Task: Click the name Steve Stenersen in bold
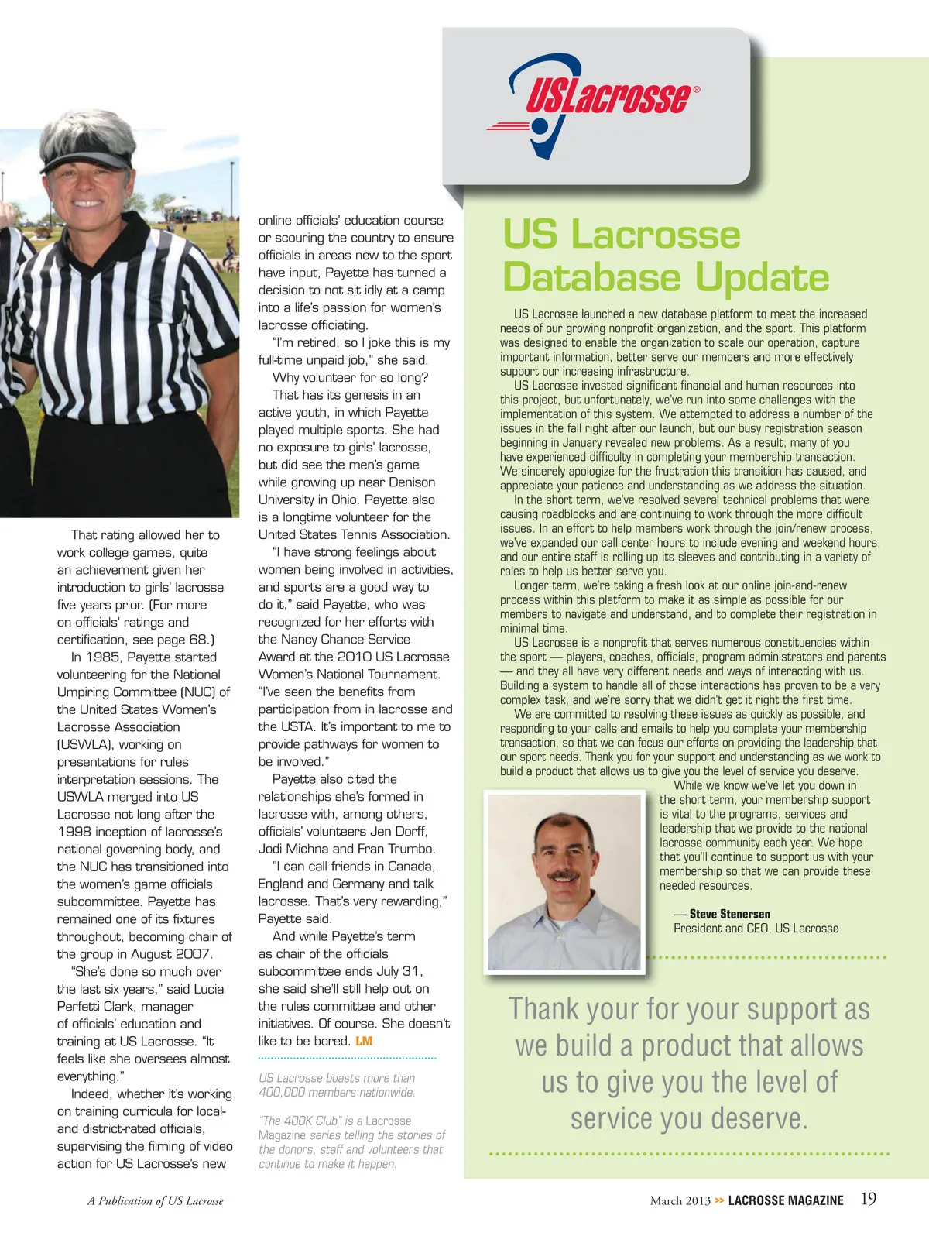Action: point(729,914)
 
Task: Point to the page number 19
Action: point(869,1199)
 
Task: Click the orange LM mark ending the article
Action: point(364,1042)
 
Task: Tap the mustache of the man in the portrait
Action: point(563,877)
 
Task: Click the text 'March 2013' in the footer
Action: point(680,1200)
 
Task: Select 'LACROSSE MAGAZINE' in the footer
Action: point(786,1200)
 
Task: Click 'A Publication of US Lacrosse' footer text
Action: point(155,1201)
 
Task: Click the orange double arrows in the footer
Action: point(719,1200)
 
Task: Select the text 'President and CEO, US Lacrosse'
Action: point(756,929)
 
